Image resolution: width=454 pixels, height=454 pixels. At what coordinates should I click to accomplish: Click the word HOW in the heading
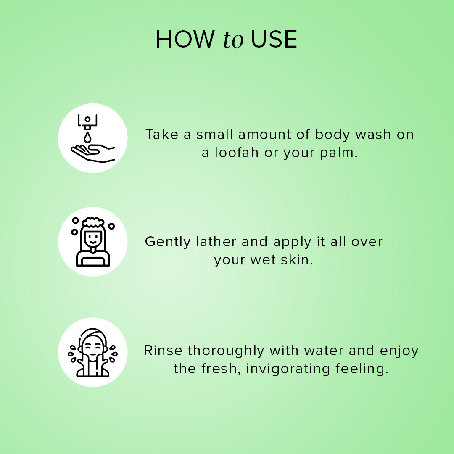[x=185, y=40]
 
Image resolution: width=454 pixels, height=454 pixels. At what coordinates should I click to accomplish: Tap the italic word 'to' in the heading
[x=233, y=40]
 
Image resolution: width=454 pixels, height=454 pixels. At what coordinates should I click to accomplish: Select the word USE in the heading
[x=274, y=40]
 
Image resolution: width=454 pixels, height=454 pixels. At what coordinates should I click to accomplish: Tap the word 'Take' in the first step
[x=161, y=135]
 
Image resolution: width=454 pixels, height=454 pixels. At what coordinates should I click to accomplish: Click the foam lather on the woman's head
[x=93, y=222]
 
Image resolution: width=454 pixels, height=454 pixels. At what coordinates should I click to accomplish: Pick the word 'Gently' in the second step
[x=168, y=242]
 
